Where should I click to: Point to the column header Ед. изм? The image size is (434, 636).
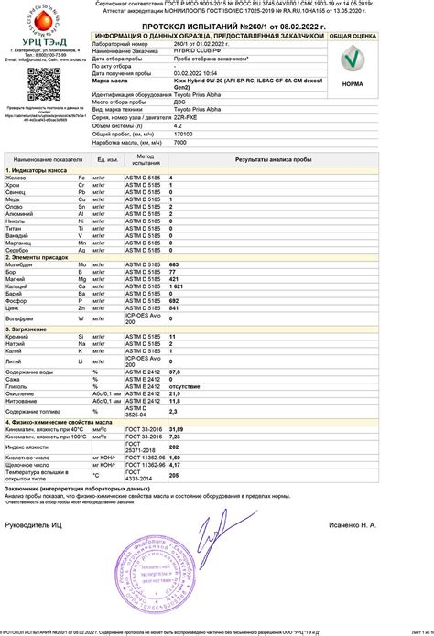click(x=106, y=159)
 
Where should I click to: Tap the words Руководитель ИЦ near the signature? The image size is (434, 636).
click(x=36, y=525)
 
